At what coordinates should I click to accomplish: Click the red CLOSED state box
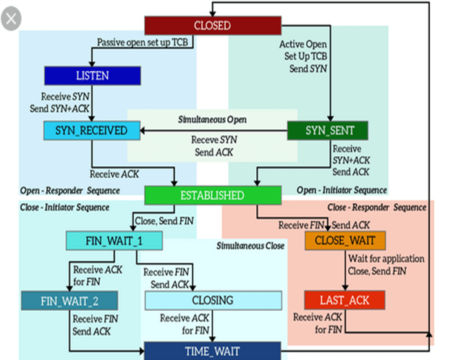212,25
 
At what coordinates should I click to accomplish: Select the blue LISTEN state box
91,75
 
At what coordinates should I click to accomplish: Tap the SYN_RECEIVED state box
91,131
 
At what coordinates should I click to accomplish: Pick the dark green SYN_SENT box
326,131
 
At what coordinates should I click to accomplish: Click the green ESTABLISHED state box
212,195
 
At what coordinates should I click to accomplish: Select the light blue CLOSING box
213,299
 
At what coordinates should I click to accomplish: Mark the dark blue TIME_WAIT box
213,351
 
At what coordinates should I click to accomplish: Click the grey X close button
10,18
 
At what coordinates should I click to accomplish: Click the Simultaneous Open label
208,118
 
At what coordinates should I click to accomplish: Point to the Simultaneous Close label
250,246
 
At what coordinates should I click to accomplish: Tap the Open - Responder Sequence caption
65,190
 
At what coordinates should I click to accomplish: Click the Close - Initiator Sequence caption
64,207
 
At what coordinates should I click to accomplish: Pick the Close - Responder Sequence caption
377,207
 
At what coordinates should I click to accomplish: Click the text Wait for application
386,258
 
